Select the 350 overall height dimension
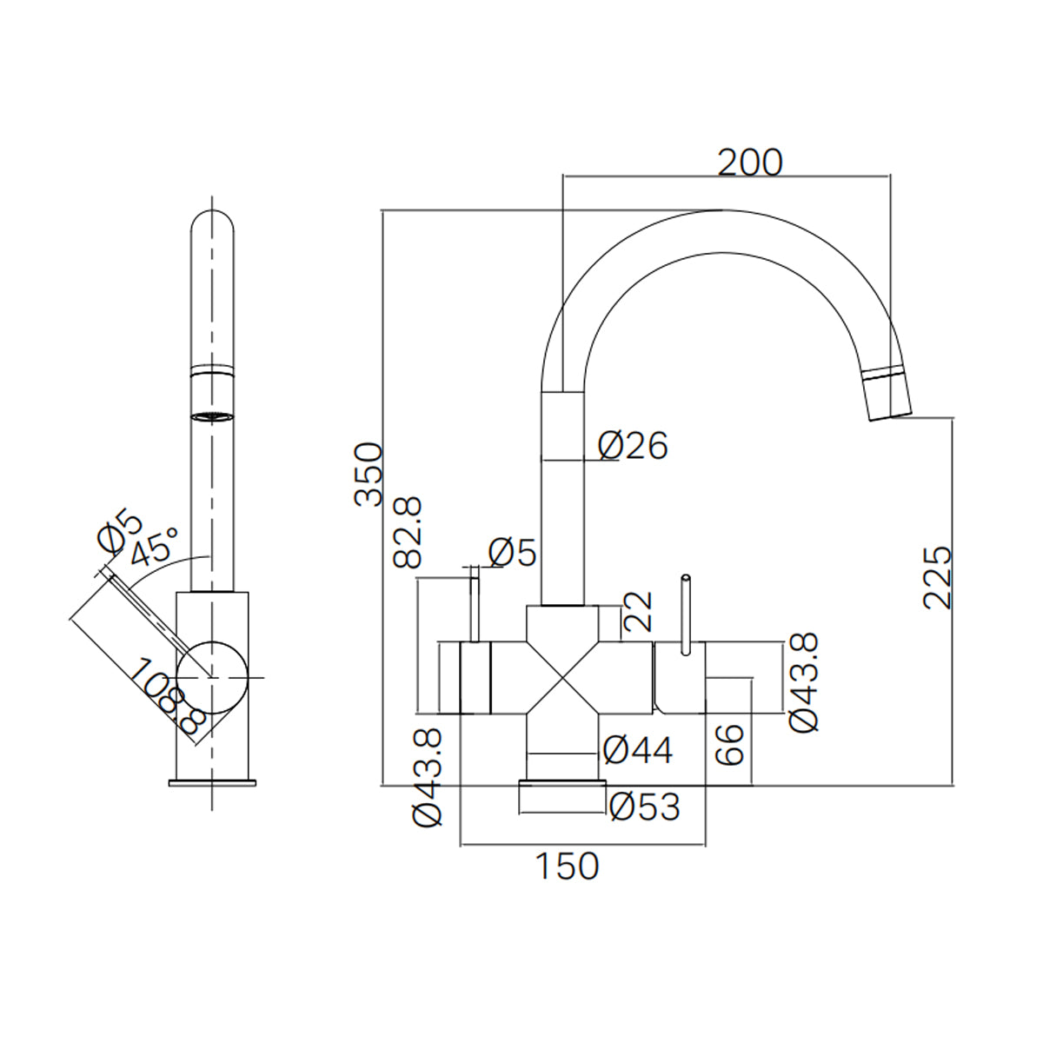coord(369,474)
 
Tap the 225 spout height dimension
coord(938,578)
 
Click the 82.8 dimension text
coord(408,533)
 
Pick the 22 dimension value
coord(639,612)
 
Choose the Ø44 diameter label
coord(638,750)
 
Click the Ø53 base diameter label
coord(644,807)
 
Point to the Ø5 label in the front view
coord(512,552)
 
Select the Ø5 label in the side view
coord(119,532)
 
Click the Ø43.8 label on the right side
coord(803,682)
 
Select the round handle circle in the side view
coord(211,676)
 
